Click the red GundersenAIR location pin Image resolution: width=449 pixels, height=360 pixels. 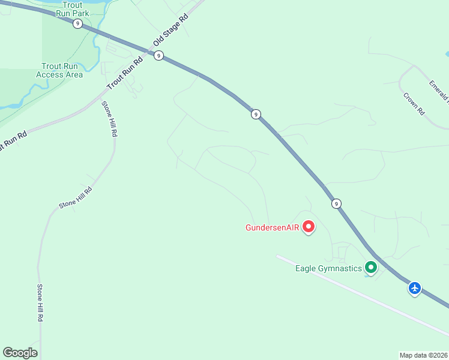309,227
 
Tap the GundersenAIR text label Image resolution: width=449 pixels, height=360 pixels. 272,227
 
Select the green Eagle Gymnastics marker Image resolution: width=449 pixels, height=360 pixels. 371,268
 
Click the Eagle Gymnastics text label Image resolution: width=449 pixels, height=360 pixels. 328,268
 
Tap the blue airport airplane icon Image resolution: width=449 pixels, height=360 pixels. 415,288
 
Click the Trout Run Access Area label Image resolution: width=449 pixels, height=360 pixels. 59,70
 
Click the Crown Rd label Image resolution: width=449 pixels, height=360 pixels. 414,103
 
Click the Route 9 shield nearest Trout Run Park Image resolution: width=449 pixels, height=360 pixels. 77,23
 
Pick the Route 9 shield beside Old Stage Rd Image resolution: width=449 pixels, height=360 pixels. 158,55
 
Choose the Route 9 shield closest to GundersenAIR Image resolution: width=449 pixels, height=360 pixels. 336,203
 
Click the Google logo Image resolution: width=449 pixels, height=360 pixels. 20,353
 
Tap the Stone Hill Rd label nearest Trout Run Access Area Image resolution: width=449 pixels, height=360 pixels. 109,119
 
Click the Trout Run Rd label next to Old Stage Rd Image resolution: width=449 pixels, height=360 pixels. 125,73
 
